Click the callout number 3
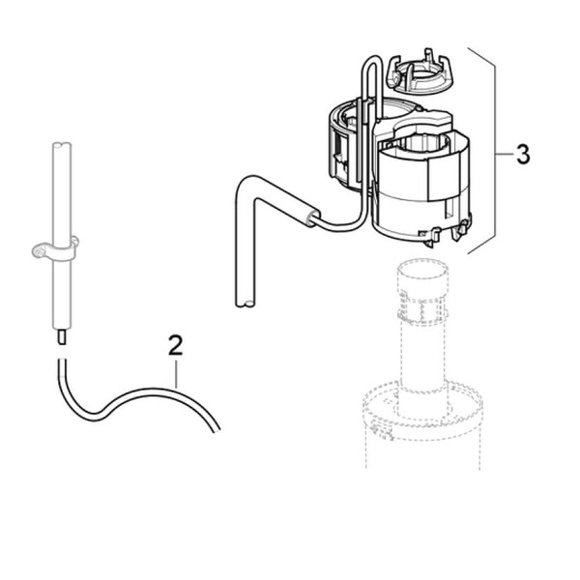click(x=523, y=154)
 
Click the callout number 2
click(x=175, y=345)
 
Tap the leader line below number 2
click(x=176, y=374)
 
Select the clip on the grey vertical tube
click(x=55, y=249)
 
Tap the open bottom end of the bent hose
click(x=245, y=304)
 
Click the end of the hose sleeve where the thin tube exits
click(x=315, y=217)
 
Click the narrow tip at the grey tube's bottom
click(x=62, y=337)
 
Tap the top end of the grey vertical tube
click(x=62, y=145)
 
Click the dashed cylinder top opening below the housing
click(x=421, y=268)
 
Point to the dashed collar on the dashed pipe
click(x=422, y=307)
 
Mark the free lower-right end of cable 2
click(x=217, y=430)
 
